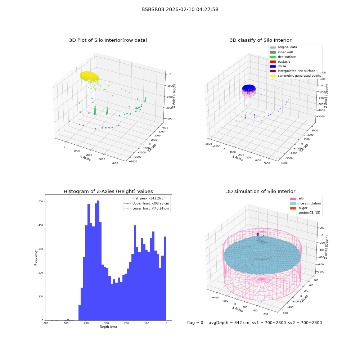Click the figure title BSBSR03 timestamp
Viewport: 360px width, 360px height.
[180, 9]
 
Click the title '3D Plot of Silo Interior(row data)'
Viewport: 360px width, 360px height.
[108, 40]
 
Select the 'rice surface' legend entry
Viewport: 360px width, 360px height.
[283, 57]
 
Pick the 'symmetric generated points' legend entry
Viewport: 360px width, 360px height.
[295, 76]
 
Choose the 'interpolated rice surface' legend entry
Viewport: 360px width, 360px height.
[292, 71]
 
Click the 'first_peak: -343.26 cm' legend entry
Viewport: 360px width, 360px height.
[145, 198]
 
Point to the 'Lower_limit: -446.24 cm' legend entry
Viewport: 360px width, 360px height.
[147, 208]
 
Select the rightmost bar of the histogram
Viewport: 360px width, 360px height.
[165, 279]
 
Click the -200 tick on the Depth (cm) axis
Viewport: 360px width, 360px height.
[126, 323]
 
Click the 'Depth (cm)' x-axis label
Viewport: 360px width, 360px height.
[108, 327]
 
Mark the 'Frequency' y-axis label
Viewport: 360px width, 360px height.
[36, 258]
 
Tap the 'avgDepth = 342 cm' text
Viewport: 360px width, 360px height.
[229, 323]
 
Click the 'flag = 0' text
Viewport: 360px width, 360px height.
[195, 323]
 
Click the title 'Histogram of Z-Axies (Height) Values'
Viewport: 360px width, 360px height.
[108, 192]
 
